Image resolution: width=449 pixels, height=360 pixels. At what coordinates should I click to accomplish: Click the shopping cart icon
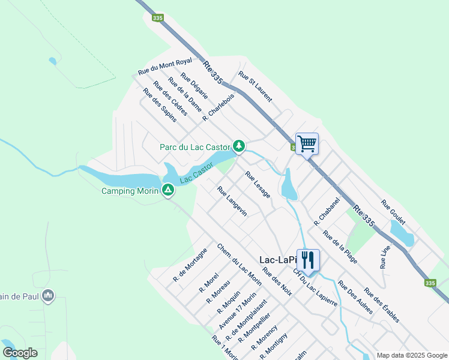[x=307, y=143]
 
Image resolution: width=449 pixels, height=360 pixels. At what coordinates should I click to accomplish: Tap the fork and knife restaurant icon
[x=308, y=260]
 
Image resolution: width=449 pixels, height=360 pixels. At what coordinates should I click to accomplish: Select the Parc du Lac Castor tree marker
[x=239, y=146]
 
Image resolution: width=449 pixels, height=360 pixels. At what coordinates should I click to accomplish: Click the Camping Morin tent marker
[x=168, y=190]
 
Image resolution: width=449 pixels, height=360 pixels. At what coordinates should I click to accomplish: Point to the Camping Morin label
[x=130, y=191]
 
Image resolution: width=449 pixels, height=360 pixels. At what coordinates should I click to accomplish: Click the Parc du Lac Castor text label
[x=195, y=147]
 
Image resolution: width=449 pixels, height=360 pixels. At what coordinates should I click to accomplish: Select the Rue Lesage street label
[x=258, y=185]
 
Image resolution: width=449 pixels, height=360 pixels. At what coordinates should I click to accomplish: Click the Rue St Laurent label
[x=255, y=87]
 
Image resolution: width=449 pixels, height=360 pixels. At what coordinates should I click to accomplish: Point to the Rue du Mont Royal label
[x=164, y=66]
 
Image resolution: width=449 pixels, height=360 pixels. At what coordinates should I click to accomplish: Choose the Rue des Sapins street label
[x=160, y=105]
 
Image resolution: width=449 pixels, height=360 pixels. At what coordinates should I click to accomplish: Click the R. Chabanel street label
[x=327, y=211]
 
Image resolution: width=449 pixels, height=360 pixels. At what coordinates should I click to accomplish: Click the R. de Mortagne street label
[x=190, y=265]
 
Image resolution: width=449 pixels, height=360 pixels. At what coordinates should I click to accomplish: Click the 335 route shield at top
[x=157, y=19]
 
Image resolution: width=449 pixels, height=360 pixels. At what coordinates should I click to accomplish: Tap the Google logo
[x=20, y=353]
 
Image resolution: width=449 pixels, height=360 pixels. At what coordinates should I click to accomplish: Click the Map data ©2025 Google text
[x=412, y=355]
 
